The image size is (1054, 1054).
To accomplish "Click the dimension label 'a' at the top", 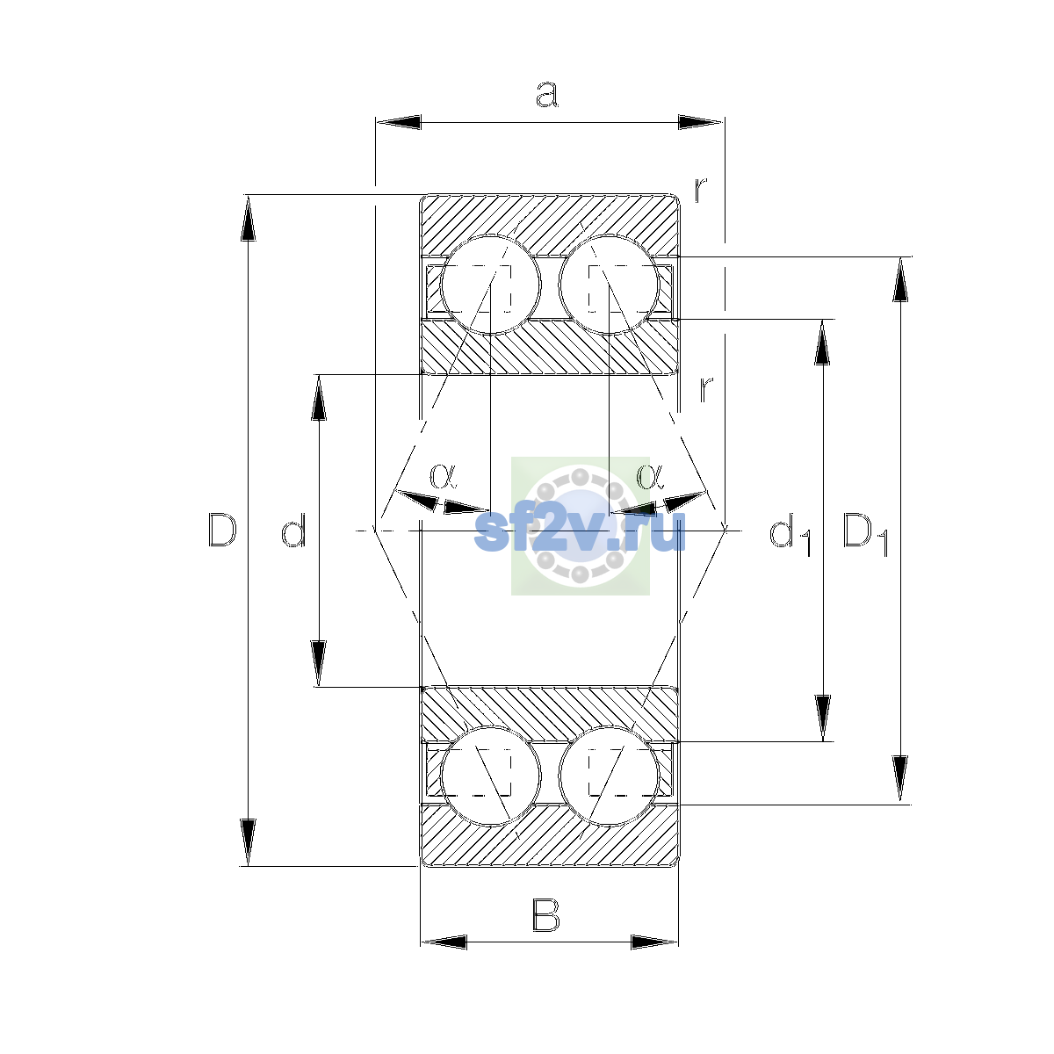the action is [546, 94].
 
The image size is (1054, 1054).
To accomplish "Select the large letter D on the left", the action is [222, 530].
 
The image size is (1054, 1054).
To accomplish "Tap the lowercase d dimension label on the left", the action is [293, 530].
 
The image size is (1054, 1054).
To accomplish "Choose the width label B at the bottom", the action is [545, 915].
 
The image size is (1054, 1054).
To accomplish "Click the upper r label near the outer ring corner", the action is [701, 190].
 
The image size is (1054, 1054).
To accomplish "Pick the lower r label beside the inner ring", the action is [706, 389].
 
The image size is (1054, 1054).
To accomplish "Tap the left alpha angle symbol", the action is [443, 476].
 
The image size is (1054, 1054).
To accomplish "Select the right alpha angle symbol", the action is [650, 476].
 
